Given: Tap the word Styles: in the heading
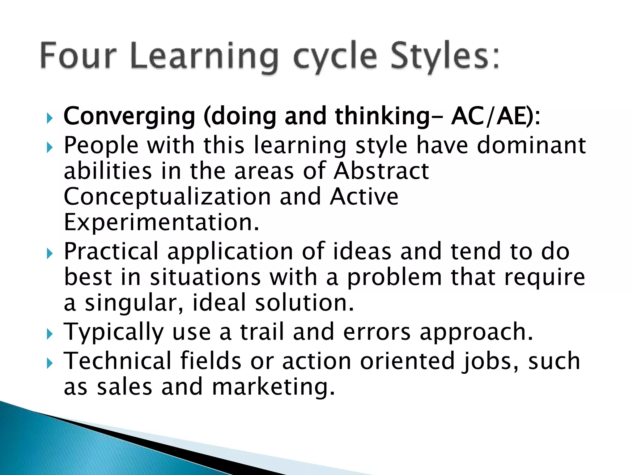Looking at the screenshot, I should (444, 56).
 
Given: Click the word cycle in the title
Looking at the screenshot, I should (335, 57).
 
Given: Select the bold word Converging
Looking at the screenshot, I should (129, 117).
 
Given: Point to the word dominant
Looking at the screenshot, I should (531, 145).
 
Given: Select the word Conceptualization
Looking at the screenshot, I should (167, 197).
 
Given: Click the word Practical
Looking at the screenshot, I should (111, 251).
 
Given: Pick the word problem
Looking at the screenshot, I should (395, 277).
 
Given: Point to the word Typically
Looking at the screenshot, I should (113, 332).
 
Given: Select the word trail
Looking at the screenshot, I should (262, 332).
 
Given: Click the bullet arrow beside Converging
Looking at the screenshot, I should (49, 118).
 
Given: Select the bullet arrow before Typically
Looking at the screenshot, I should (49, 334).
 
